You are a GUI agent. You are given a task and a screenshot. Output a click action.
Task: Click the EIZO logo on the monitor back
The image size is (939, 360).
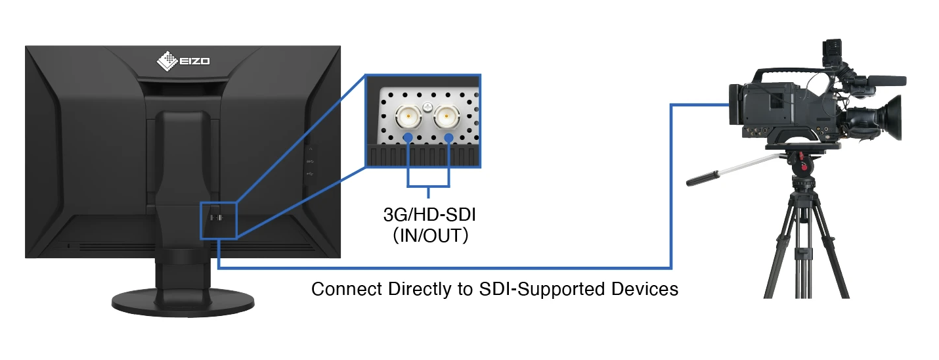(183, 62)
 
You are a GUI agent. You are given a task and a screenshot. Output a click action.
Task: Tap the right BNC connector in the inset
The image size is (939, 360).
(448, 117)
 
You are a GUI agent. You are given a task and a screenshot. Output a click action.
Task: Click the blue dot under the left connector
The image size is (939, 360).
(408, 138)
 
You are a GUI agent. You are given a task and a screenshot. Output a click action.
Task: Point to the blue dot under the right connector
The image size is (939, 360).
(449, 138)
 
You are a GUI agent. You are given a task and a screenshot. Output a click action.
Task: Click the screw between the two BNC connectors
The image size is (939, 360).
(427, 106)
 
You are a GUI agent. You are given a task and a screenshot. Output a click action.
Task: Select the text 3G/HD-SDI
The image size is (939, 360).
(428, 215)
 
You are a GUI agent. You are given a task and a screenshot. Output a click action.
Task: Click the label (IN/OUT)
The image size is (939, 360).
(429, 236)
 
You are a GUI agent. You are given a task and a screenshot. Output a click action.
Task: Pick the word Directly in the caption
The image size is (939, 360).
(414, 289)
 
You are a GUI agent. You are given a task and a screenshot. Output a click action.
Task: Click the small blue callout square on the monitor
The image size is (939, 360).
(217, 219)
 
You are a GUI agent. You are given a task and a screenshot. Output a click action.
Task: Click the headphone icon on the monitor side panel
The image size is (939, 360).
(310, 149)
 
